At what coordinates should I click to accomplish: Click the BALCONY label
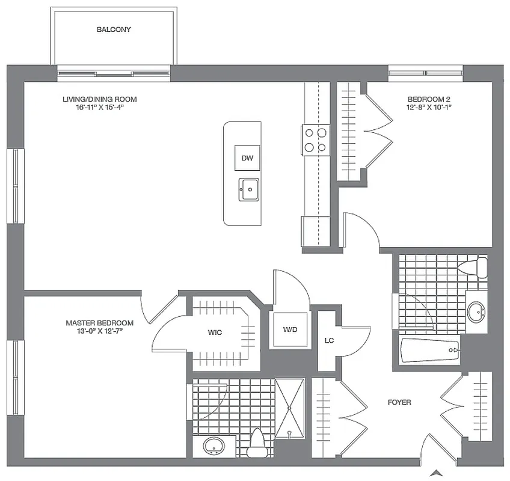[114, 29]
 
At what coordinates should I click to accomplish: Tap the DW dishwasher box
[247, 158]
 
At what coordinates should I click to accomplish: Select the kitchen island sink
[248, 190]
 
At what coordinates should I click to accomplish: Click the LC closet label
[329, 340]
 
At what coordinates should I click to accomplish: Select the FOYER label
[399, 402]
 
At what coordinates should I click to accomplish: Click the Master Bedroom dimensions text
[99, 331]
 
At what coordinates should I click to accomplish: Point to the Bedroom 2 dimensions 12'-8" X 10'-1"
[429, 107]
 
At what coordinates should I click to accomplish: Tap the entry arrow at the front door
[438, 472]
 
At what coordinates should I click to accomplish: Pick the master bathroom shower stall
[290, 408]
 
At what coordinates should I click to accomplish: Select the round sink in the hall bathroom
[478, 311]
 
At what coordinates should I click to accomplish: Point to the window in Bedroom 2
[425, 74]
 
